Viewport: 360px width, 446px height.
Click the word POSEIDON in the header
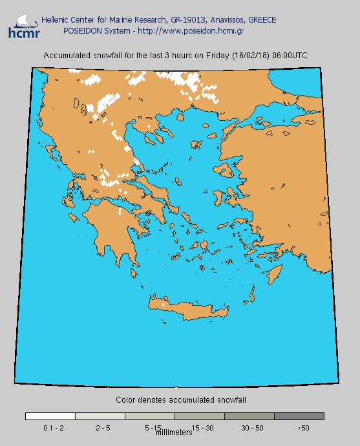pos(82,30)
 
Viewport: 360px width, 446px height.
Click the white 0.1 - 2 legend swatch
pos(50,416)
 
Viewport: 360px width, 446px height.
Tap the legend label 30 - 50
pos(252,428)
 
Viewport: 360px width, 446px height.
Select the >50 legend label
pos(304,428)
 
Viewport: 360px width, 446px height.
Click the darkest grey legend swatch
pos(299,416)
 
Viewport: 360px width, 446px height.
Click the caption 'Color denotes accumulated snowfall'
pos(180,401)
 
